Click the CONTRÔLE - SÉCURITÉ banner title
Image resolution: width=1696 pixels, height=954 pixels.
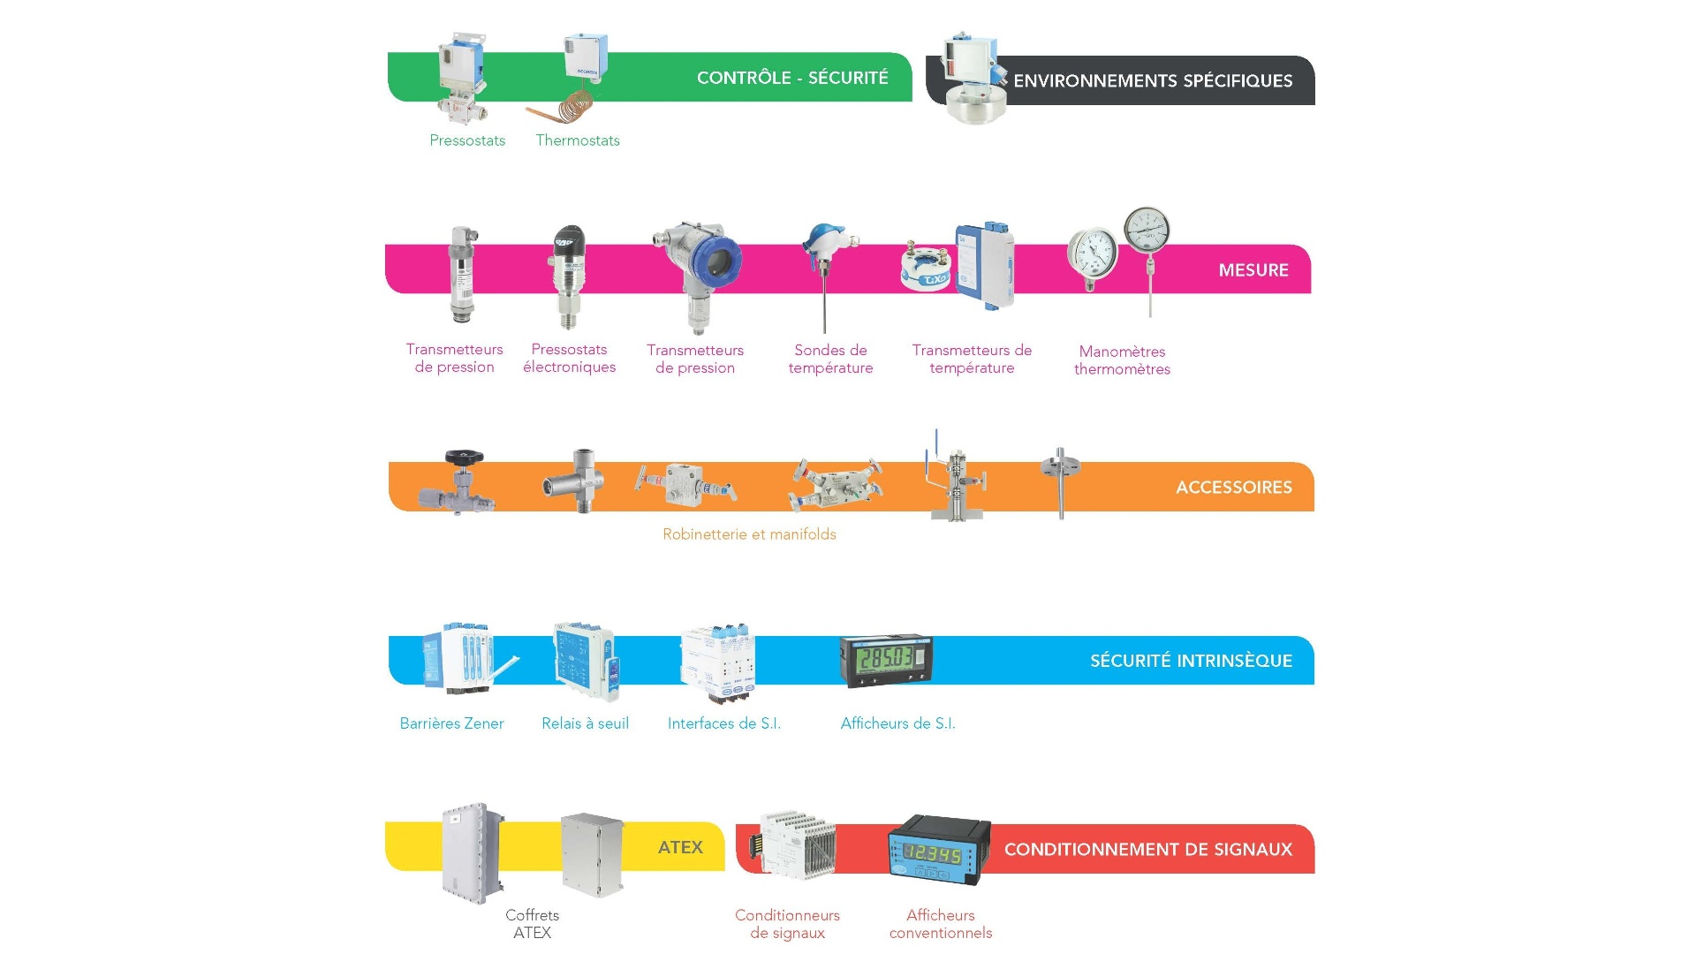pyautogui.click(x=792, y=78)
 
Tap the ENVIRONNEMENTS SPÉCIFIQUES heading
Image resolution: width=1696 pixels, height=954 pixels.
pyautogui.click(x=1153, y=81)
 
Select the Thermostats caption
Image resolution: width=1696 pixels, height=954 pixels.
pyautogui.click(x=578, y=140)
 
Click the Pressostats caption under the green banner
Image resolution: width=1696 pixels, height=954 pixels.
pyautogui.click(x=467, y=140)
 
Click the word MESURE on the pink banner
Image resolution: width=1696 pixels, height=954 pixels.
pyautogui.click(x=1253, y=270)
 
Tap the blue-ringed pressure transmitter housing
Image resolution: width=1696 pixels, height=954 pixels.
pyautogui.click(x=716, y=261)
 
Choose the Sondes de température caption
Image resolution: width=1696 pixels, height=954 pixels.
pyautogui.click(x=830, y=360)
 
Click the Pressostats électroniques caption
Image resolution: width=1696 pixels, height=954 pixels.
pyautogui.click(x=569, y=359)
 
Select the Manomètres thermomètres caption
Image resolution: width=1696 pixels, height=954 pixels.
pyautogui.click(x=1122, y=360)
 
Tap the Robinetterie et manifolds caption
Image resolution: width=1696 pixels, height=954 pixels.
pyautogui.click(x=749, y=534)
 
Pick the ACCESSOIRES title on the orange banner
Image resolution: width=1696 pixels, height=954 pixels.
pyautogui.click(x=1233, y=488)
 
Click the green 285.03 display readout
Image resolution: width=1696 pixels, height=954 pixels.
pyautogui.click(x=886, y=658)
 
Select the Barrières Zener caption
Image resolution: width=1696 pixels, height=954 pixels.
pyautogui.click(x=451, y=723)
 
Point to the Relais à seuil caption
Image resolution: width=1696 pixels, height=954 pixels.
pyautogui.click(x=585, y=723)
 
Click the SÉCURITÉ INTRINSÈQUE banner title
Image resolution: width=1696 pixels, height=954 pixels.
pyautogui.click(x=1191, y=661)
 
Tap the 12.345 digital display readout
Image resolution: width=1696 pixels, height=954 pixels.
pyautogui.click(x=933, y=854)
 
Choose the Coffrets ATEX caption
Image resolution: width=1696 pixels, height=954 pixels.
pyautogui.click(x=532, y=924)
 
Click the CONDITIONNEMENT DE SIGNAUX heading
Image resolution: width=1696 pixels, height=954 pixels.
pyautogui.click(x=1147, y=850)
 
